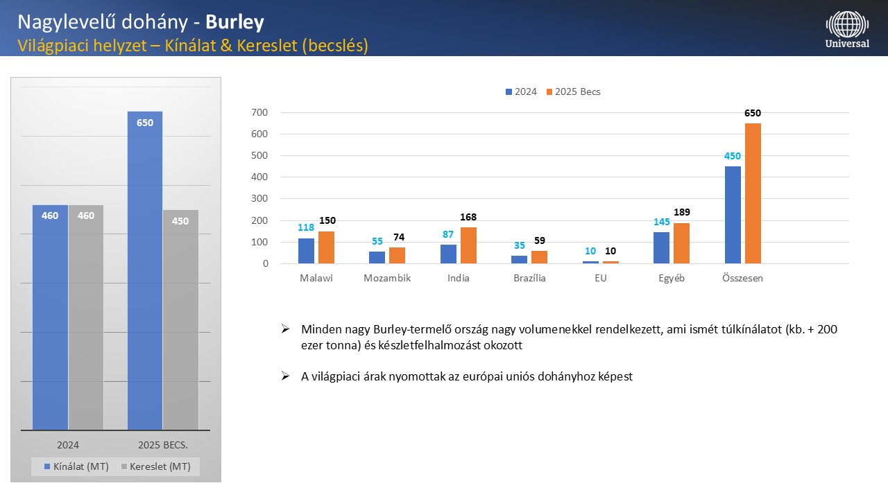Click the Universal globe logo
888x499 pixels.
pyautogui.click(x=846, y=24)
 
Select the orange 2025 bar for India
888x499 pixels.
pyautogui.click(x=468, y=245)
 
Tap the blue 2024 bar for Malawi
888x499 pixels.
pyautogui.click(x=306, y=251)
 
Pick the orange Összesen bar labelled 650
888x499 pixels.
pyautogui.click(x=753, y=193)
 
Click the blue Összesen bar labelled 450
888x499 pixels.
pyautogui.click(x=733, y=215)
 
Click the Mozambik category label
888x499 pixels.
pyautogui.click(x=387, y=279)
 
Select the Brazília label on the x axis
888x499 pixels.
pyautogui.click(x=529, y=279)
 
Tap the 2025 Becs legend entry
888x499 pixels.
pyautogui.click(x=573, y=91)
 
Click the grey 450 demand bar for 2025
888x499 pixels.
pyautogui.click(x=180, y=319)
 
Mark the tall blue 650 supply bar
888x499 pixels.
pyautogui.click(x=145, y=270)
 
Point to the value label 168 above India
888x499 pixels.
pyautogui.click(x=468, y=217)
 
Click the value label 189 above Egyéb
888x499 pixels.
pyautogui.click(x=681, y=212)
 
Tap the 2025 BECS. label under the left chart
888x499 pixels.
pyautogui.click(x=163, y=445)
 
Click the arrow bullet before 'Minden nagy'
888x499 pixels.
pyautogui.click(x=285, y=329)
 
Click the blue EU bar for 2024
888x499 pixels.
pyautogui.click(x=590, y=262)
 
